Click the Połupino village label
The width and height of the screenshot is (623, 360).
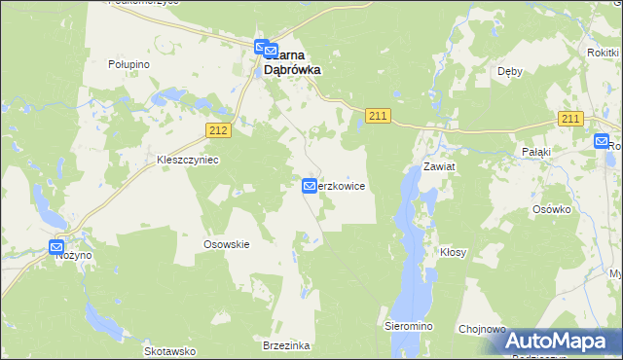point(128,63)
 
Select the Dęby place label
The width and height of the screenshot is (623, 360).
point(510,71)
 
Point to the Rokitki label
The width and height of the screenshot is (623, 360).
point(605,53)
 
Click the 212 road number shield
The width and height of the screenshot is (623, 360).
point(218,129)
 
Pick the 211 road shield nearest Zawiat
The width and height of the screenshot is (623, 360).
point(379,117)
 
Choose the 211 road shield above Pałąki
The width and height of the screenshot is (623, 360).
point(570,119)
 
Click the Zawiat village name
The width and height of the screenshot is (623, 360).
point(439,166)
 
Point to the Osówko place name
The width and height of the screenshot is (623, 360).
point(550,209)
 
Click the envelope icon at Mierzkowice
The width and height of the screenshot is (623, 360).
point(310,186)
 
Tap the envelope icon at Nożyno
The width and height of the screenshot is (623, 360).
point(56,247)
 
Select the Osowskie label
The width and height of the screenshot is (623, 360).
point(227,244)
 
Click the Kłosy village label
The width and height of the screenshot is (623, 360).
point(453,252)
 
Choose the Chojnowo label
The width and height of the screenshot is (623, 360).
point(481,329)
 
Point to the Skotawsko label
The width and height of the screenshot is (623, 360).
point(170,350)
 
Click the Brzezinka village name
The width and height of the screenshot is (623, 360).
point(287,345)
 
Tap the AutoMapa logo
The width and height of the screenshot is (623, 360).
point(560,341)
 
